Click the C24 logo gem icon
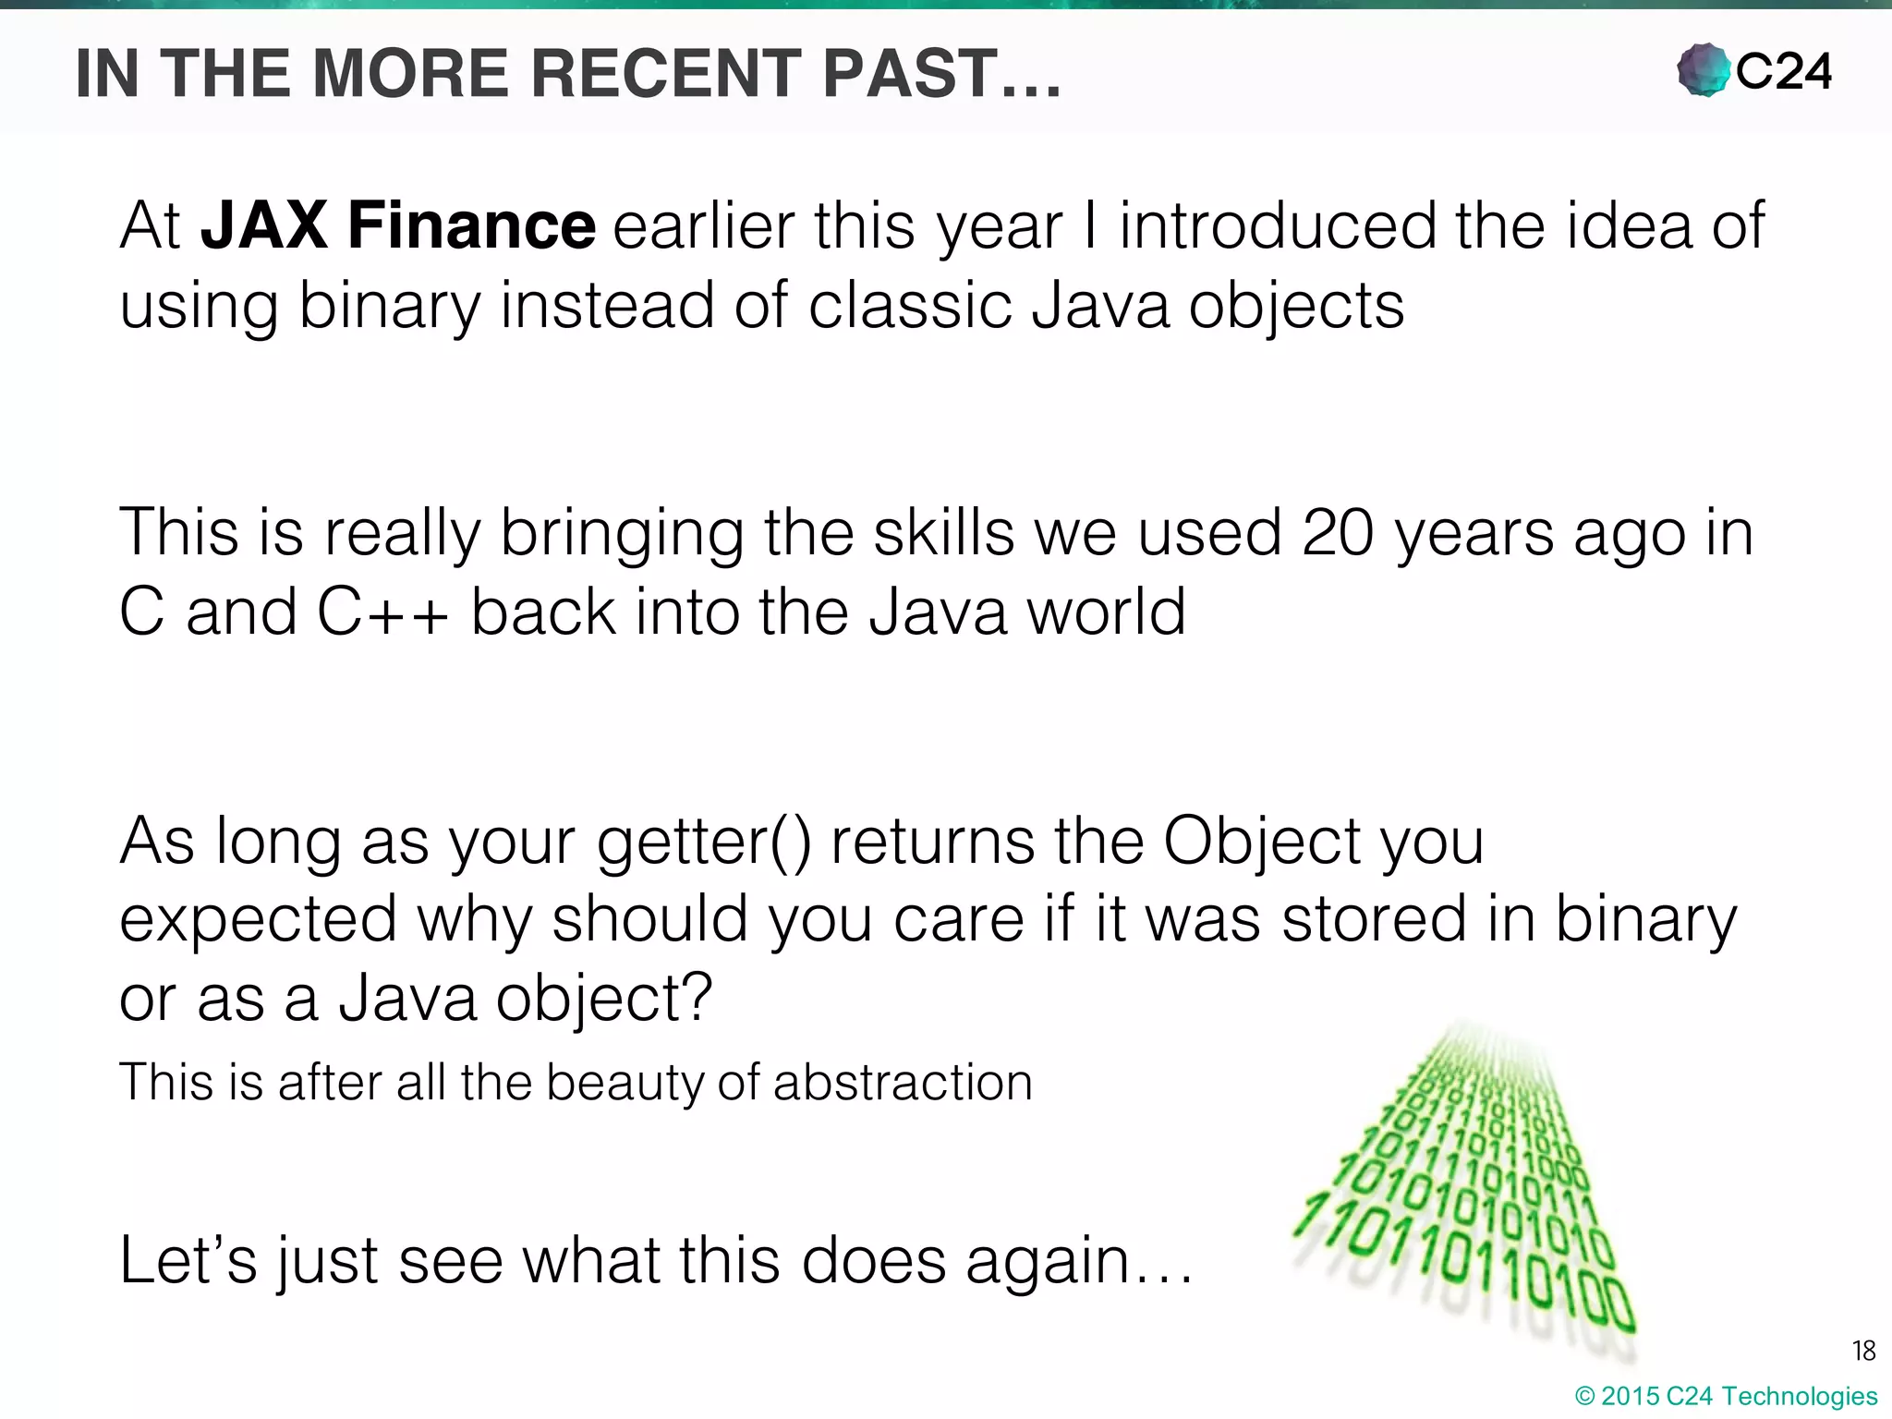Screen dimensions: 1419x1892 (x=1703, y=70)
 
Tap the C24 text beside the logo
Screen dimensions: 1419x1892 (x=1783, y=71)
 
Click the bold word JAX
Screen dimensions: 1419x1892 (x=264, y=225)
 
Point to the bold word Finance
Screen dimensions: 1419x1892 (x=471, y=225)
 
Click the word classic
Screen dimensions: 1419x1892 (x=910, y=305)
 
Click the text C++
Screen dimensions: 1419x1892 (x=382, y=612)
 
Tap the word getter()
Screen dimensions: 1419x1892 (x=704, y=843)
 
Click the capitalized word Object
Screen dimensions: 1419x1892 (x=1262, y=843)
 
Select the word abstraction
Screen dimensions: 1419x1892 (x=903, y=1082)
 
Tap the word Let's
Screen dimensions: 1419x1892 (x=188, y=1260)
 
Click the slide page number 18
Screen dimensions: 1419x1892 (x=1863, y=1352)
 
